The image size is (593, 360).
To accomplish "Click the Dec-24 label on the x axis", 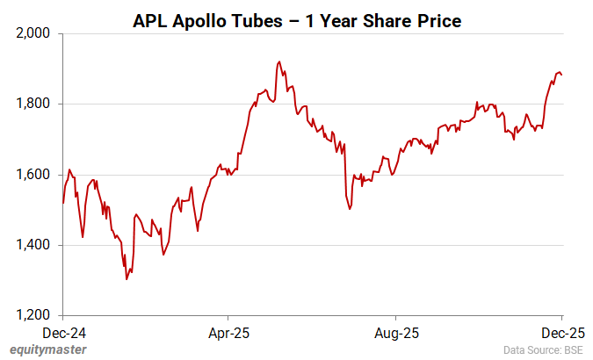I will coord(64,334).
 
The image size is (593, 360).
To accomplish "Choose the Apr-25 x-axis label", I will coord(228,334).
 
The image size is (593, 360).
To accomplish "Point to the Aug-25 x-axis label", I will coord(395,334).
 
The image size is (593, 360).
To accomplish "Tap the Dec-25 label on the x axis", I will coord(561,334).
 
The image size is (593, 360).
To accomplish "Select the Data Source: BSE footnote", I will coord(543,350).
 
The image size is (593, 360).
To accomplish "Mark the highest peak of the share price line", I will coord(278,61).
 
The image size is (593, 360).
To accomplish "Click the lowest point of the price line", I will coord(127,279).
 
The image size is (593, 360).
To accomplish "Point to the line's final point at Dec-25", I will coord(561,75).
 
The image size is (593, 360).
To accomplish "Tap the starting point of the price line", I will coord(63,203).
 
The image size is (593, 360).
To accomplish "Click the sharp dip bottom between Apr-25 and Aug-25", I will coord(350,209).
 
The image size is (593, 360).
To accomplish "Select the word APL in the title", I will coord(148,20).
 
